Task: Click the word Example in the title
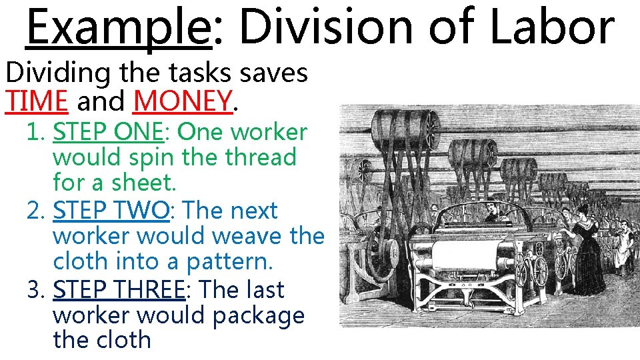point(118,28)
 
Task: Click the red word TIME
point(37,101)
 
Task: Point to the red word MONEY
point(183,101)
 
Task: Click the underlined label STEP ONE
point(108,132)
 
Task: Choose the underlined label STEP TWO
point(111,211)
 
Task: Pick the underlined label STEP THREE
point(118,289)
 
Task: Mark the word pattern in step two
point(229,261)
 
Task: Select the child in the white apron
point(623,247)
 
